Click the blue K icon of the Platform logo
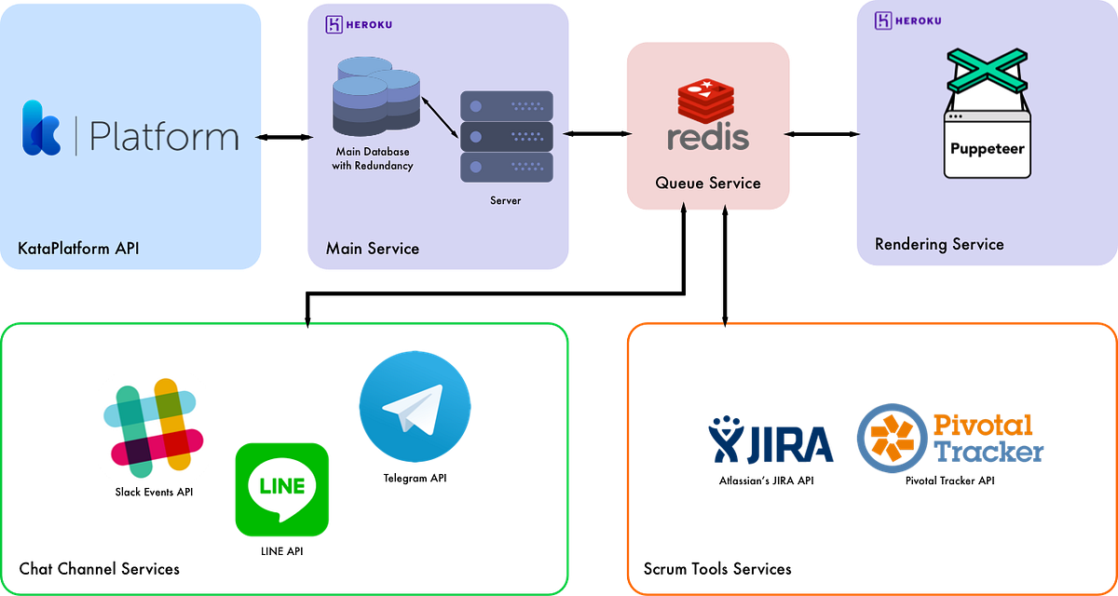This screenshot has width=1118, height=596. coord(42,128)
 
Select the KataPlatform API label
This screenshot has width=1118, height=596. coord(78,249)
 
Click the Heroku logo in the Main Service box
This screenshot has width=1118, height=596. coord(358,25)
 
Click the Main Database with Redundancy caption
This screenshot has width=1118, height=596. coord(373,158)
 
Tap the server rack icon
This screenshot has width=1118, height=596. coord(506,136)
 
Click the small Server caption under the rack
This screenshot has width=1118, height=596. coord(506,200)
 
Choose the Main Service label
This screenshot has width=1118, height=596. coord(373,249)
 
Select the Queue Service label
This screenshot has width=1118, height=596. coord(708,183)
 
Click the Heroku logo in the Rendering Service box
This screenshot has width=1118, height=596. coord(907,21)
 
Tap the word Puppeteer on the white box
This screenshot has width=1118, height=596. coord(987,148)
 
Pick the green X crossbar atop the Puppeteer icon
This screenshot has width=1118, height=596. coord(987,71)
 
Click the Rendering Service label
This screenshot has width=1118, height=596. coord(939,245)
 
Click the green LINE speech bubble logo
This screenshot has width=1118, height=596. coord(282,489)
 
